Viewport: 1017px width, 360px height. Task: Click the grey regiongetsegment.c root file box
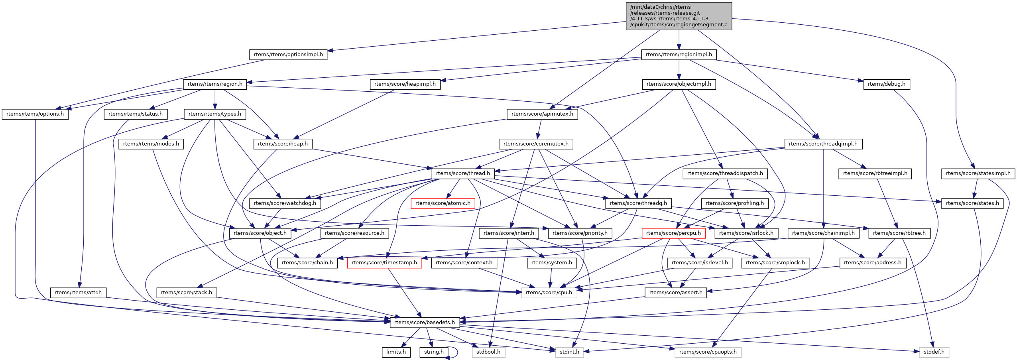click(679, 16)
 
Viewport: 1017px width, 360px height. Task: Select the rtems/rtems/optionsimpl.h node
click(288, 55)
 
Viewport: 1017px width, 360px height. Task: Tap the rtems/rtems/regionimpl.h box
click(679, 55)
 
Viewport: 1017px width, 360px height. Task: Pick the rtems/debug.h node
click(887, 84)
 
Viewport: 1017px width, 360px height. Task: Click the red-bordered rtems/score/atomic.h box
click(443, 203)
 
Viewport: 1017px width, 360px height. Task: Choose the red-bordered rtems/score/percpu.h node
click(673, 233)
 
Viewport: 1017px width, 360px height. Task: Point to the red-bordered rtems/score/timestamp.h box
click(384, 263)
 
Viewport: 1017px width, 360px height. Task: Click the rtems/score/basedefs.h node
click(425, 323)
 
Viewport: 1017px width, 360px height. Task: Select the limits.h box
click(396, 352)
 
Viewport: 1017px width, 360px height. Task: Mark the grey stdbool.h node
click(488, 352)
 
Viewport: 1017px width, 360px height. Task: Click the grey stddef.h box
click(934, 352)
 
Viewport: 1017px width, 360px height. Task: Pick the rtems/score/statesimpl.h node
click(978, 173)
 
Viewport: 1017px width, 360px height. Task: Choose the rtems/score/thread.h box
click(463, 173)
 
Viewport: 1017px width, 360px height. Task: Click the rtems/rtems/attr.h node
click(78, 293)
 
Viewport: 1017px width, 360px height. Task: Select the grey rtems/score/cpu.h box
click(549, 293)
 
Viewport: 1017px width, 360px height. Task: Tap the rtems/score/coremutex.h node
click(536, 144)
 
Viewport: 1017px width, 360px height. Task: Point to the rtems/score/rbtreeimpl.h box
click(875, 173)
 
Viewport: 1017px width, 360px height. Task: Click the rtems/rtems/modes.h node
click(151, 144)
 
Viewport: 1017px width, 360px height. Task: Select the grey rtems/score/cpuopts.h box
click(708, 352)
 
